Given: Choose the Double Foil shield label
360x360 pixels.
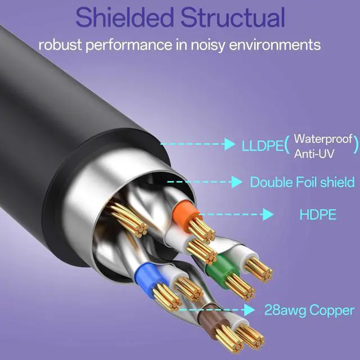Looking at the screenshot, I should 302,182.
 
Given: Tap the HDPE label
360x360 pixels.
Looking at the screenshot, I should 318,214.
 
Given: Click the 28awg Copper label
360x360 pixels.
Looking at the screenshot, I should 309,310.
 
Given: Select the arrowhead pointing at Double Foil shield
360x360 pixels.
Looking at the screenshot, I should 237,182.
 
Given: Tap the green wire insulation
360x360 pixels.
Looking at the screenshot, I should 217,264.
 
